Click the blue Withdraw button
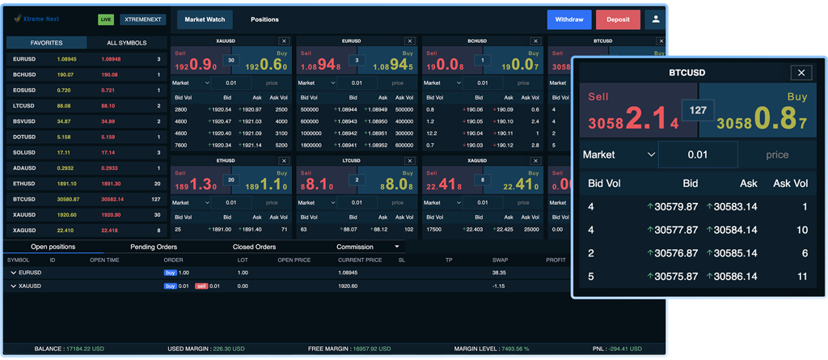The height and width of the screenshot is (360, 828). (x=568, y=19)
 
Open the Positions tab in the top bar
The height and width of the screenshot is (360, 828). (x=264, y=19)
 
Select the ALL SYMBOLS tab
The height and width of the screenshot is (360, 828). (x=127, y=43)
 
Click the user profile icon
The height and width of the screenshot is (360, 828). (x=655, y=19)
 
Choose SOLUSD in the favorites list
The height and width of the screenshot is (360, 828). (x=24, y=152)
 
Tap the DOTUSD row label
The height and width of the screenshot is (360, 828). (x=24, y=137)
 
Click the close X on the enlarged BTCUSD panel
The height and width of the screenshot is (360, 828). (x=801, y=73)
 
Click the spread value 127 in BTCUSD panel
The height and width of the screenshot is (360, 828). (x=698, y=110)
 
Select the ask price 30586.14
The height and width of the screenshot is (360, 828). (x=735, y=276)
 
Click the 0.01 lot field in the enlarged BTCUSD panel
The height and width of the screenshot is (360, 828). (x=697, y=155)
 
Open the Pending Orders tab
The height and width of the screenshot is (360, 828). (x=154, y=247)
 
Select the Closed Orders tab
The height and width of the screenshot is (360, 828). (x=254, y=247)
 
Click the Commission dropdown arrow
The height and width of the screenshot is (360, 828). (x=397, y=247)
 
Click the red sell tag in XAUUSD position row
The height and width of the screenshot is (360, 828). (x=201, y=286)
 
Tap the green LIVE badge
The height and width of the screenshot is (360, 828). (x=106, y=19)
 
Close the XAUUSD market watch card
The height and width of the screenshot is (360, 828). (x=284, y=40)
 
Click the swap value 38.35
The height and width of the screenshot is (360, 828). (x=498, y=273)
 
